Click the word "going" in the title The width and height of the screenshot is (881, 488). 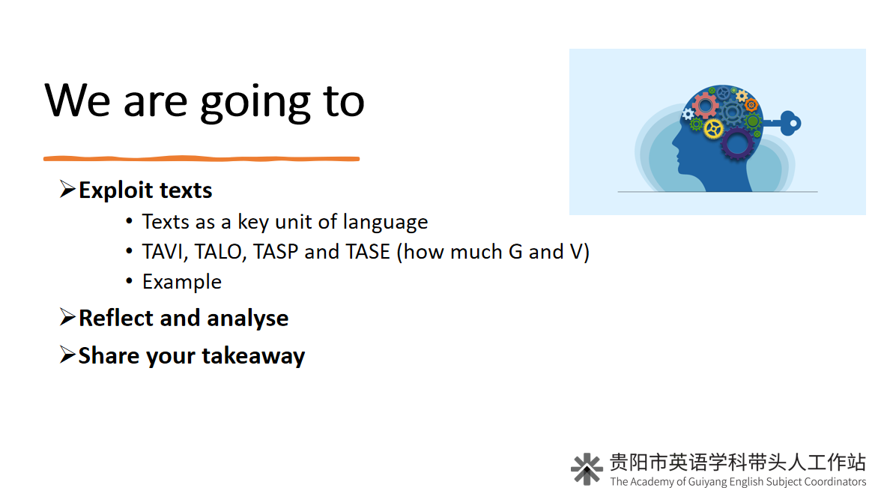pos(255,105)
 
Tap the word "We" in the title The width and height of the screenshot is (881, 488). pos(78,100)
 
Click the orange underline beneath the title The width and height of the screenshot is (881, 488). pos(201,159)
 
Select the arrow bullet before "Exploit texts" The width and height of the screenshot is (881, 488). pos(67,190)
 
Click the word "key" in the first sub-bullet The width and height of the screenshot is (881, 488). pos(253,222)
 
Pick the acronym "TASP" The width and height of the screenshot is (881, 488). pos(276,252)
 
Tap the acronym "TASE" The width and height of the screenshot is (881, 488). pos(368,252)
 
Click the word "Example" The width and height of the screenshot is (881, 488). pos(182,282)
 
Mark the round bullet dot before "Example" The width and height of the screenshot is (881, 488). pos(129,280)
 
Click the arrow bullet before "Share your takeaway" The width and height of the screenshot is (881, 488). pos(67,355)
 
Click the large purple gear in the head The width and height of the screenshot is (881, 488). pos(737,144)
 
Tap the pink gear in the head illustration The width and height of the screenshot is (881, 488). pos(705,106)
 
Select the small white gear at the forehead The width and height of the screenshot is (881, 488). pos(688,114)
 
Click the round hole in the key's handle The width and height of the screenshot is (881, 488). pos(793,123)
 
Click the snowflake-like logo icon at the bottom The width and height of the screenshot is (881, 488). pos(587,469)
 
